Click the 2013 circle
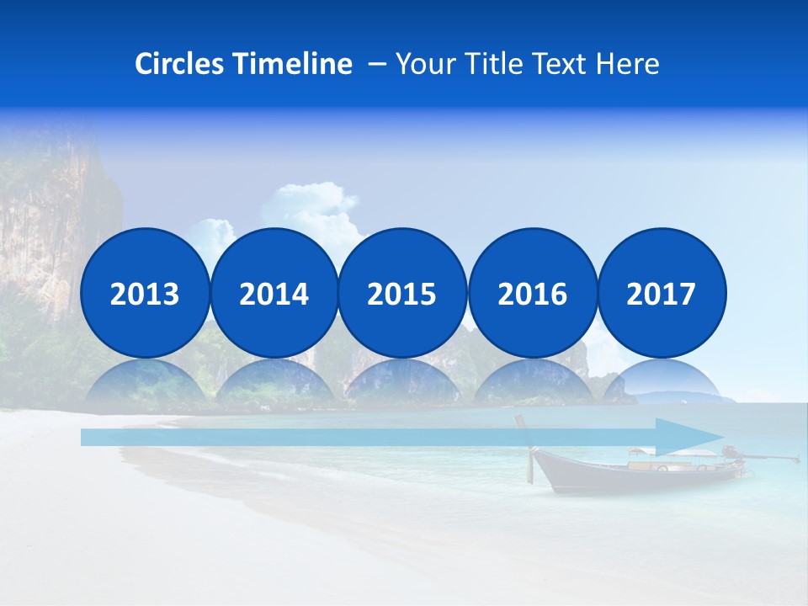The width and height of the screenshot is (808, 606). point(145,293)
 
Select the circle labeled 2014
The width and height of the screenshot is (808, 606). point(274,293)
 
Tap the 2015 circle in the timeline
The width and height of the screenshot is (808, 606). point(402,293)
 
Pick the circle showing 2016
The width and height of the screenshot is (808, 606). point(532,293)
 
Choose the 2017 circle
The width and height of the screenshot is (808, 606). point(661,293)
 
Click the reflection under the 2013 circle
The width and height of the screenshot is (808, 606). point(145,383)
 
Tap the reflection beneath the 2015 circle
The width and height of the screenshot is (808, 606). point(402,383)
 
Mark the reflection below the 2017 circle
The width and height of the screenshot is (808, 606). point(661,380)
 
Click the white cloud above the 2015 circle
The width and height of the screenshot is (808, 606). point(324,206)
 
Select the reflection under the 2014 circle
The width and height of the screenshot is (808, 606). point(274,383)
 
